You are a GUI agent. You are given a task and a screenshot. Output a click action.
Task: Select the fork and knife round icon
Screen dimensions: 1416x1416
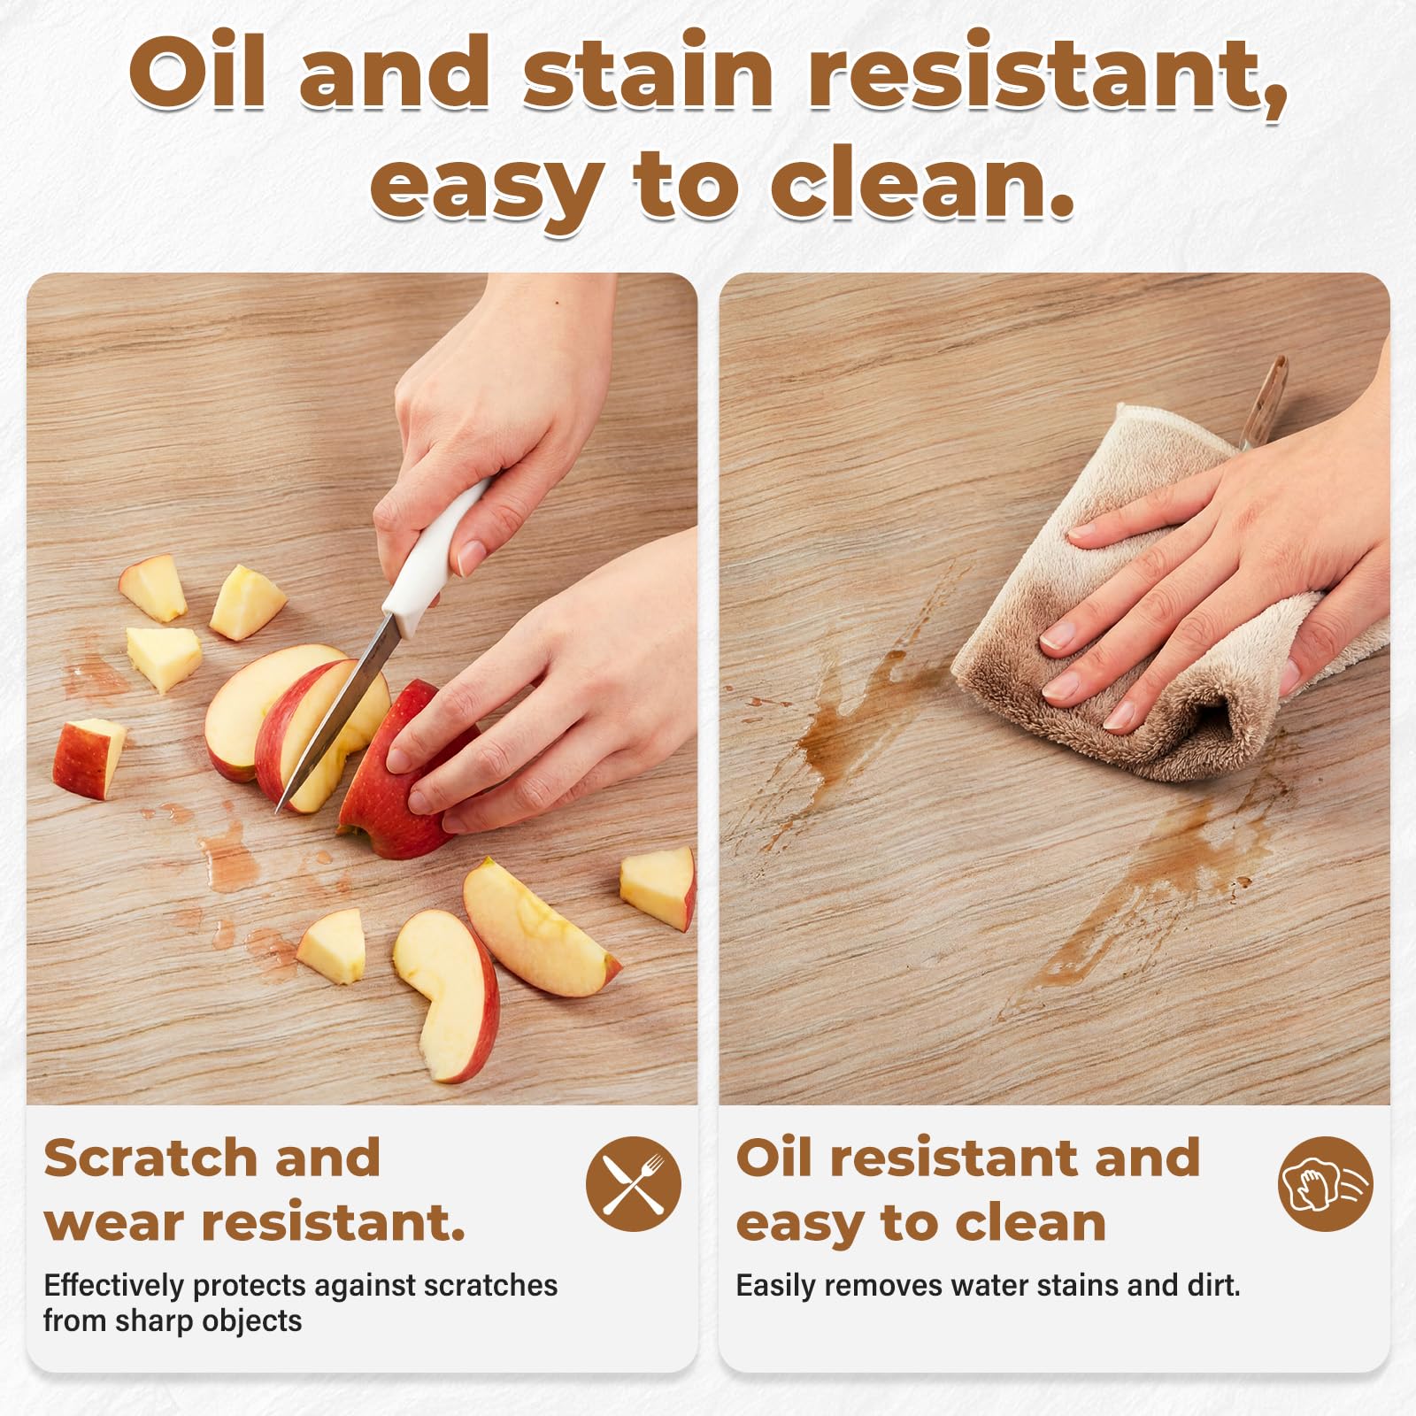click(634, 1184)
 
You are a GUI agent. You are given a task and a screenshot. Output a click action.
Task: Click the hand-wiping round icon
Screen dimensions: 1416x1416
click(1326, 1184)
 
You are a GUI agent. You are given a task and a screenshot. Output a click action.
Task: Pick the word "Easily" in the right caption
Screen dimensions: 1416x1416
click(775, 1286)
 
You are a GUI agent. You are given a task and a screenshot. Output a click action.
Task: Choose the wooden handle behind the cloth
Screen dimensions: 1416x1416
click(1262, 403)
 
